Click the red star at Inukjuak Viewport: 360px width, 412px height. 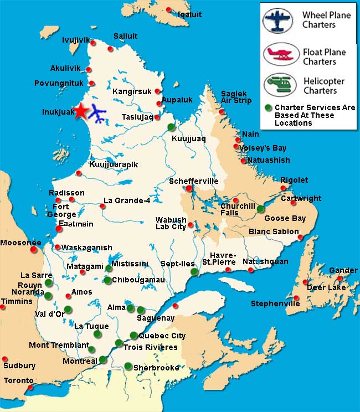pyautogui.click(x=81, y=110)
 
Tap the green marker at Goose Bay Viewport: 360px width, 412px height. pyautogui.click(x=261, y=209)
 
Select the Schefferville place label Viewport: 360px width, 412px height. pyautogui.click(x=194, y=181)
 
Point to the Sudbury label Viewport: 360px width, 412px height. pyautogui.click(x=19, y=365)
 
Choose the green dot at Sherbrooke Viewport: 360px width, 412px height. pyautogui.click(x=128, y=365)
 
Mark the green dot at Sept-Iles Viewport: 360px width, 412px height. pyautogui.click(x=194, y=272)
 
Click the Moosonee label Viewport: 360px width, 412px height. pyautogui.click(x=20, y=243)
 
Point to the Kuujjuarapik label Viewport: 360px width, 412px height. pyautogui.click(x=113, y=164)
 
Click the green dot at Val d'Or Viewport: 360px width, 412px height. pyautogui.click(x=68, y=309)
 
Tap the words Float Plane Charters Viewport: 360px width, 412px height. pyautogui.click(x=324, y=56)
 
